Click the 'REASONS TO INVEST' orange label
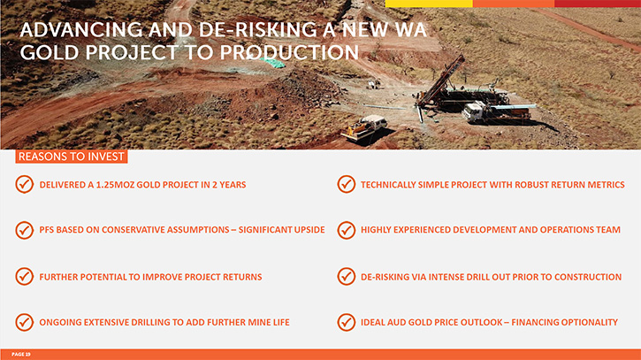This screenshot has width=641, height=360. click(x=72, y=157)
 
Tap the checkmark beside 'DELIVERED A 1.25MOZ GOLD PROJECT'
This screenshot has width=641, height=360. click(x=25, y=185)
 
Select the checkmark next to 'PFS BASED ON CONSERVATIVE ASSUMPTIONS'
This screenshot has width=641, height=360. click(x=25, y=230)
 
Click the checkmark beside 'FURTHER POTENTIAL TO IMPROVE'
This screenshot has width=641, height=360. click(x=25, y=277)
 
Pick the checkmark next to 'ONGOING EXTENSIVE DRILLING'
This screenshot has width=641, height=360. click(x=25, y=322)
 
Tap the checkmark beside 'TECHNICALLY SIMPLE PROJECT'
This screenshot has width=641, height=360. click(x=347, y=185)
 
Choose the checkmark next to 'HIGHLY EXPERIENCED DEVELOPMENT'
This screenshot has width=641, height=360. click(x=347, y=230)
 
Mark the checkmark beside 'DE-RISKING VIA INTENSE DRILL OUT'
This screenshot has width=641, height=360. click(x=347, y=277)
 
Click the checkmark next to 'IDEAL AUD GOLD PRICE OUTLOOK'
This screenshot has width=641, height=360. click(x=347, y=322)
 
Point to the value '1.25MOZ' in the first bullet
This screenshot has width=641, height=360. click(x=115, y=185)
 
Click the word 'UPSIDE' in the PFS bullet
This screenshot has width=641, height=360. click(x=309, y=230)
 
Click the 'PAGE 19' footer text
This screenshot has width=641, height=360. click(x=21, y=355)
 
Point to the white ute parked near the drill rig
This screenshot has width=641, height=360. click(x=364, y=127)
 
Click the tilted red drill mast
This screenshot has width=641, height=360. click(x=440, y=80)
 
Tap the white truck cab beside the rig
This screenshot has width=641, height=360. click(x=474, y=111)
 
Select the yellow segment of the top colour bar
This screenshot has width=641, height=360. click(x=429, y=4)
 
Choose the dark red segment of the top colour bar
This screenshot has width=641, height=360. click(x=598, y=4)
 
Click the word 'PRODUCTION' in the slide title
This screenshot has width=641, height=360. click(x=289, y=53)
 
